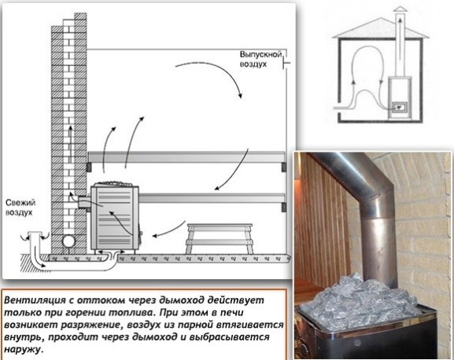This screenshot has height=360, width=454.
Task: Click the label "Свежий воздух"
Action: (x=20, y=208)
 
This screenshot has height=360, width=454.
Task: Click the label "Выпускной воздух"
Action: (x=260, y=59)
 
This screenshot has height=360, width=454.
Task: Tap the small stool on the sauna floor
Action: (x=220, y=238)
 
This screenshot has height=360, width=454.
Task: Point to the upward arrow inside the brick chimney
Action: (x=70, y=144)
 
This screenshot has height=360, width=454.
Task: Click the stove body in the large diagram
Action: (x=115, y=218)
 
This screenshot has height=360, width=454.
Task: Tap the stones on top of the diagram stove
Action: (x=115, y=184)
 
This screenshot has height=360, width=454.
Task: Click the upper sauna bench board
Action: (x=186, y=156)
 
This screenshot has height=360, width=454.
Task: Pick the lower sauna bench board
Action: (x=212, y=198)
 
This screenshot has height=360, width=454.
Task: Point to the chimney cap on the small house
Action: (x=400, y=9)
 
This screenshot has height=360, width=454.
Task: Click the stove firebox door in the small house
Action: (x=399, y=107)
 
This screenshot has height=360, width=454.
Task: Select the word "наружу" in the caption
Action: (x=23, y=349)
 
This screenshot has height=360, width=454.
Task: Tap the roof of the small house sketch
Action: (x=380, y=28)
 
